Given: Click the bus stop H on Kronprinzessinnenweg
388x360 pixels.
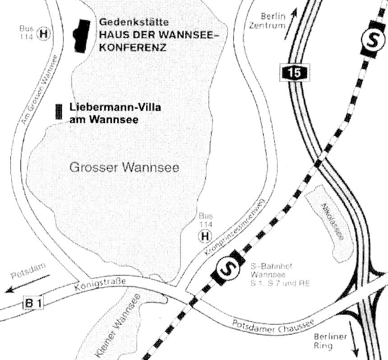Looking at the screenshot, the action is (205, 236).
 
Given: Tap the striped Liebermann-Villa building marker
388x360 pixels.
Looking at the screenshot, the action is (58, 111).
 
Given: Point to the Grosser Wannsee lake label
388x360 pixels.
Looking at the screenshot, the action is (125, 168).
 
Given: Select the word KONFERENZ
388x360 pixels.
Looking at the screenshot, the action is (131, 47).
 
